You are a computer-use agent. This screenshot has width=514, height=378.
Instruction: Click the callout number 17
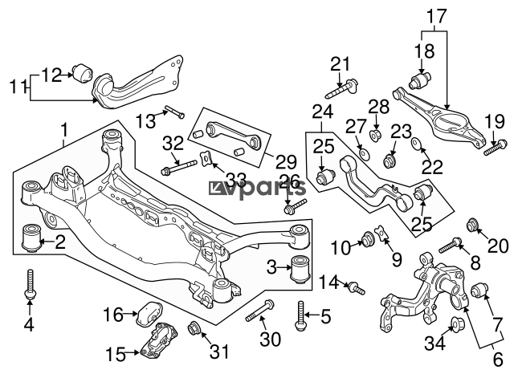pos(437,16)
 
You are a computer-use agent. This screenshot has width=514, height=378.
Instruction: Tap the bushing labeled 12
pos(83,73)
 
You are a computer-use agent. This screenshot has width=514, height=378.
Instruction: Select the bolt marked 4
pos(31,284)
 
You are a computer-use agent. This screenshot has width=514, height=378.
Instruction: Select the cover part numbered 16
pos(149,314)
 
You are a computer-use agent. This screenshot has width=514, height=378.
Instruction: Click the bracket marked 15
pos(159,341)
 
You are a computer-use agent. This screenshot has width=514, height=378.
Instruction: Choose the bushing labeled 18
pos(420,80)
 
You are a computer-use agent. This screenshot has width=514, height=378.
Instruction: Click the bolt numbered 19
pos(496,148)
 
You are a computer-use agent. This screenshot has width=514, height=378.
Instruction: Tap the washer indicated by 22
pos(417,143)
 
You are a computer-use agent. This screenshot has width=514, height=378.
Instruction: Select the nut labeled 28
pos(375,135)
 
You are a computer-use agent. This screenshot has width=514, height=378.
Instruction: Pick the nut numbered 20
pos(472,224)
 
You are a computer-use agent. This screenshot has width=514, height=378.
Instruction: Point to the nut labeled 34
pos(457,323)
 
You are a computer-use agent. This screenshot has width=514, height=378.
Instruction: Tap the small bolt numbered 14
pos(357,288)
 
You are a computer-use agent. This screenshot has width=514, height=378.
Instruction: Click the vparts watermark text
pos(257,189)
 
